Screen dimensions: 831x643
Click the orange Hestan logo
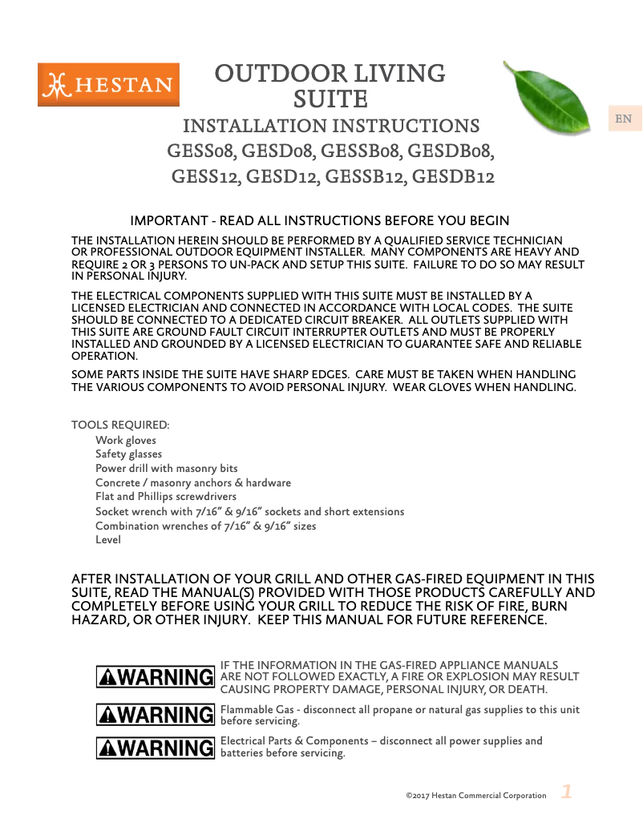(x=108, y=85)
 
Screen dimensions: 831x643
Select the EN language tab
(x=623, y=119)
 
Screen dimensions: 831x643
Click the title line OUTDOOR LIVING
(x=330, y=74)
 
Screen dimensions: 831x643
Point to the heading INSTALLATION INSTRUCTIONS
(x=331, y=127)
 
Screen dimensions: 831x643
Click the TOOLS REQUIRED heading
(x=120, y=425)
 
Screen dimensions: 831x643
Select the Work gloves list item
(x=126, y=440)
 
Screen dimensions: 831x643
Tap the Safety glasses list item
(x=128, y=454)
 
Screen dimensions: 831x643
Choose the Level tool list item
(x=108, y=540)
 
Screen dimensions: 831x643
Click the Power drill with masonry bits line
(x=166, y=468)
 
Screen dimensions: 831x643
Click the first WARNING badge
(x=155, y=677)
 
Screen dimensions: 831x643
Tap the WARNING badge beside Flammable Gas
(x=155, y=713)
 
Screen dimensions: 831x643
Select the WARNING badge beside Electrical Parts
(x=155, y=748)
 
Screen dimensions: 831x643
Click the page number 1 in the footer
(x=566, y=793)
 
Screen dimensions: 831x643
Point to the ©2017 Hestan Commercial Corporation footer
(x=476, y=796)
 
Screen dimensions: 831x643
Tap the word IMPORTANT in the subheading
(x=164, y=221)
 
